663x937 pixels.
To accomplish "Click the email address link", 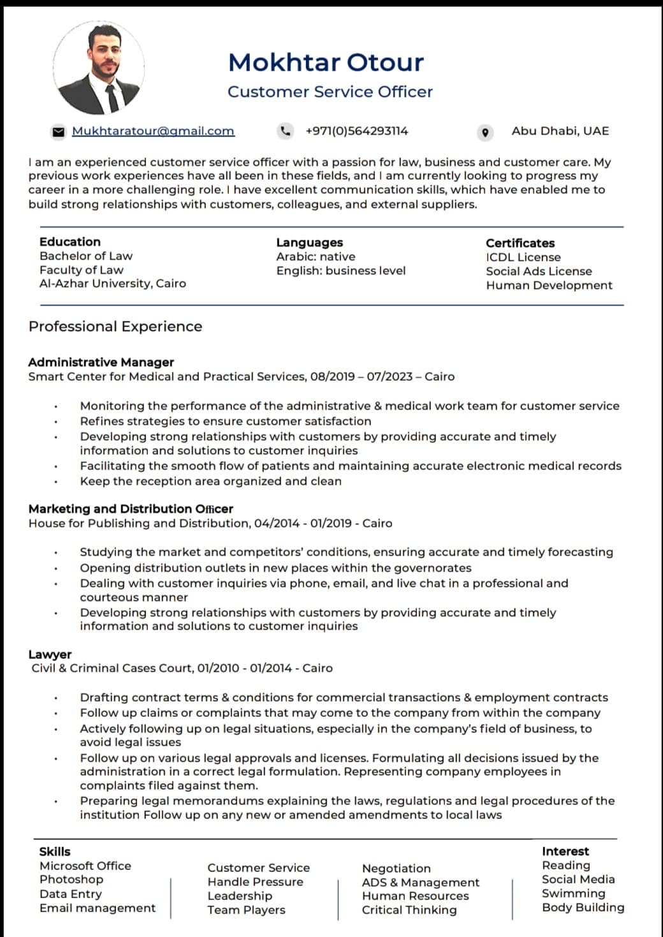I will (153, 131).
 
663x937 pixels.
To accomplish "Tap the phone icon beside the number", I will (286, 131).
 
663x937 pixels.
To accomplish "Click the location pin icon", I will (485, 132).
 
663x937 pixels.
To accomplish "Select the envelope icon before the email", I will (59, 131).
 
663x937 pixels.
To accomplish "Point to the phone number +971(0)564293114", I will (356, 131).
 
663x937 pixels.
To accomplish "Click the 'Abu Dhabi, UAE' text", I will (560, 131).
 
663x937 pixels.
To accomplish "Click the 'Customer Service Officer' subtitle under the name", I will (330, 92).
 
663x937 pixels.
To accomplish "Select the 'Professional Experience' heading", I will (115, 326).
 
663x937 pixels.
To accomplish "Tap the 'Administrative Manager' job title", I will (101, 362).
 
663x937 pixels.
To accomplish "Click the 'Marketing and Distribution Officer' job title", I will (131, 508).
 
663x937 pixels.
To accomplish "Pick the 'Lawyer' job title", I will (50, 654).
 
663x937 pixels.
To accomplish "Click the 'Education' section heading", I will (70, 242).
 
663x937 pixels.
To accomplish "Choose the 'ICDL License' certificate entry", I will (523, 257).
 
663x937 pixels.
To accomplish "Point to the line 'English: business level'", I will (340, 270).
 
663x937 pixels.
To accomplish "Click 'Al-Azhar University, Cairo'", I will (113, 283).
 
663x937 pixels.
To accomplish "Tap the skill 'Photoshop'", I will (71, 879).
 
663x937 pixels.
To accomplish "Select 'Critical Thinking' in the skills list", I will (409, 910).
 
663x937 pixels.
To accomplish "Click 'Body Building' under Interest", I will (583, 907).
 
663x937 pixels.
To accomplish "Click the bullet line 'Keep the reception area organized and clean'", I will (210, 481).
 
